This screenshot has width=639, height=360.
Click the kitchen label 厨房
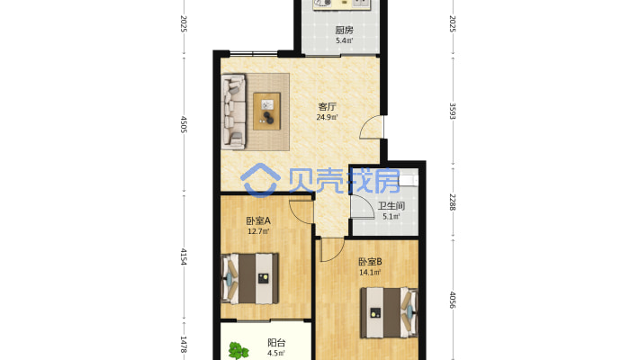[344, 31]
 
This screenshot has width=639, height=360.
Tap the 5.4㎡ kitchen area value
[345, 40]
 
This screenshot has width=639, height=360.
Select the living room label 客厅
[328, 107]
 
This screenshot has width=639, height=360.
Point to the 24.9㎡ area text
[328, 117]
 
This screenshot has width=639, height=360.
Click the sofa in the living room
[234, 112]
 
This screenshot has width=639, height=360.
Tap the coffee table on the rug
[267, 112]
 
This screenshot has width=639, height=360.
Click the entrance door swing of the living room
[372, 127]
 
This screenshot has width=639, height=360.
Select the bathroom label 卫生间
[391, 206]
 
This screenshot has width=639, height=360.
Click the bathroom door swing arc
[363, 207]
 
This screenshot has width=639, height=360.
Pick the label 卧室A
[258, 221]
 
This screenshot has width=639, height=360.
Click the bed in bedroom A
[250, 279]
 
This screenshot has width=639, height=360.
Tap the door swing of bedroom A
[301, 212]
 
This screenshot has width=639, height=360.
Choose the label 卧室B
[370, 262]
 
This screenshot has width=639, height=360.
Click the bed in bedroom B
[389, 313]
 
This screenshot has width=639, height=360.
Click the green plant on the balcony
[238, 351]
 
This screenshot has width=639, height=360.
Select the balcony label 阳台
[276, 343]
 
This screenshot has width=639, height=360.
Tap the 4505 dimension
[184, 124]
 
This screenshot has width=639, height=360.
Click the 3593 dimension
[453, 111]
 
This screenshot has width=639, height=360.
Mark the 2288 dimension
[453, 202]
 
